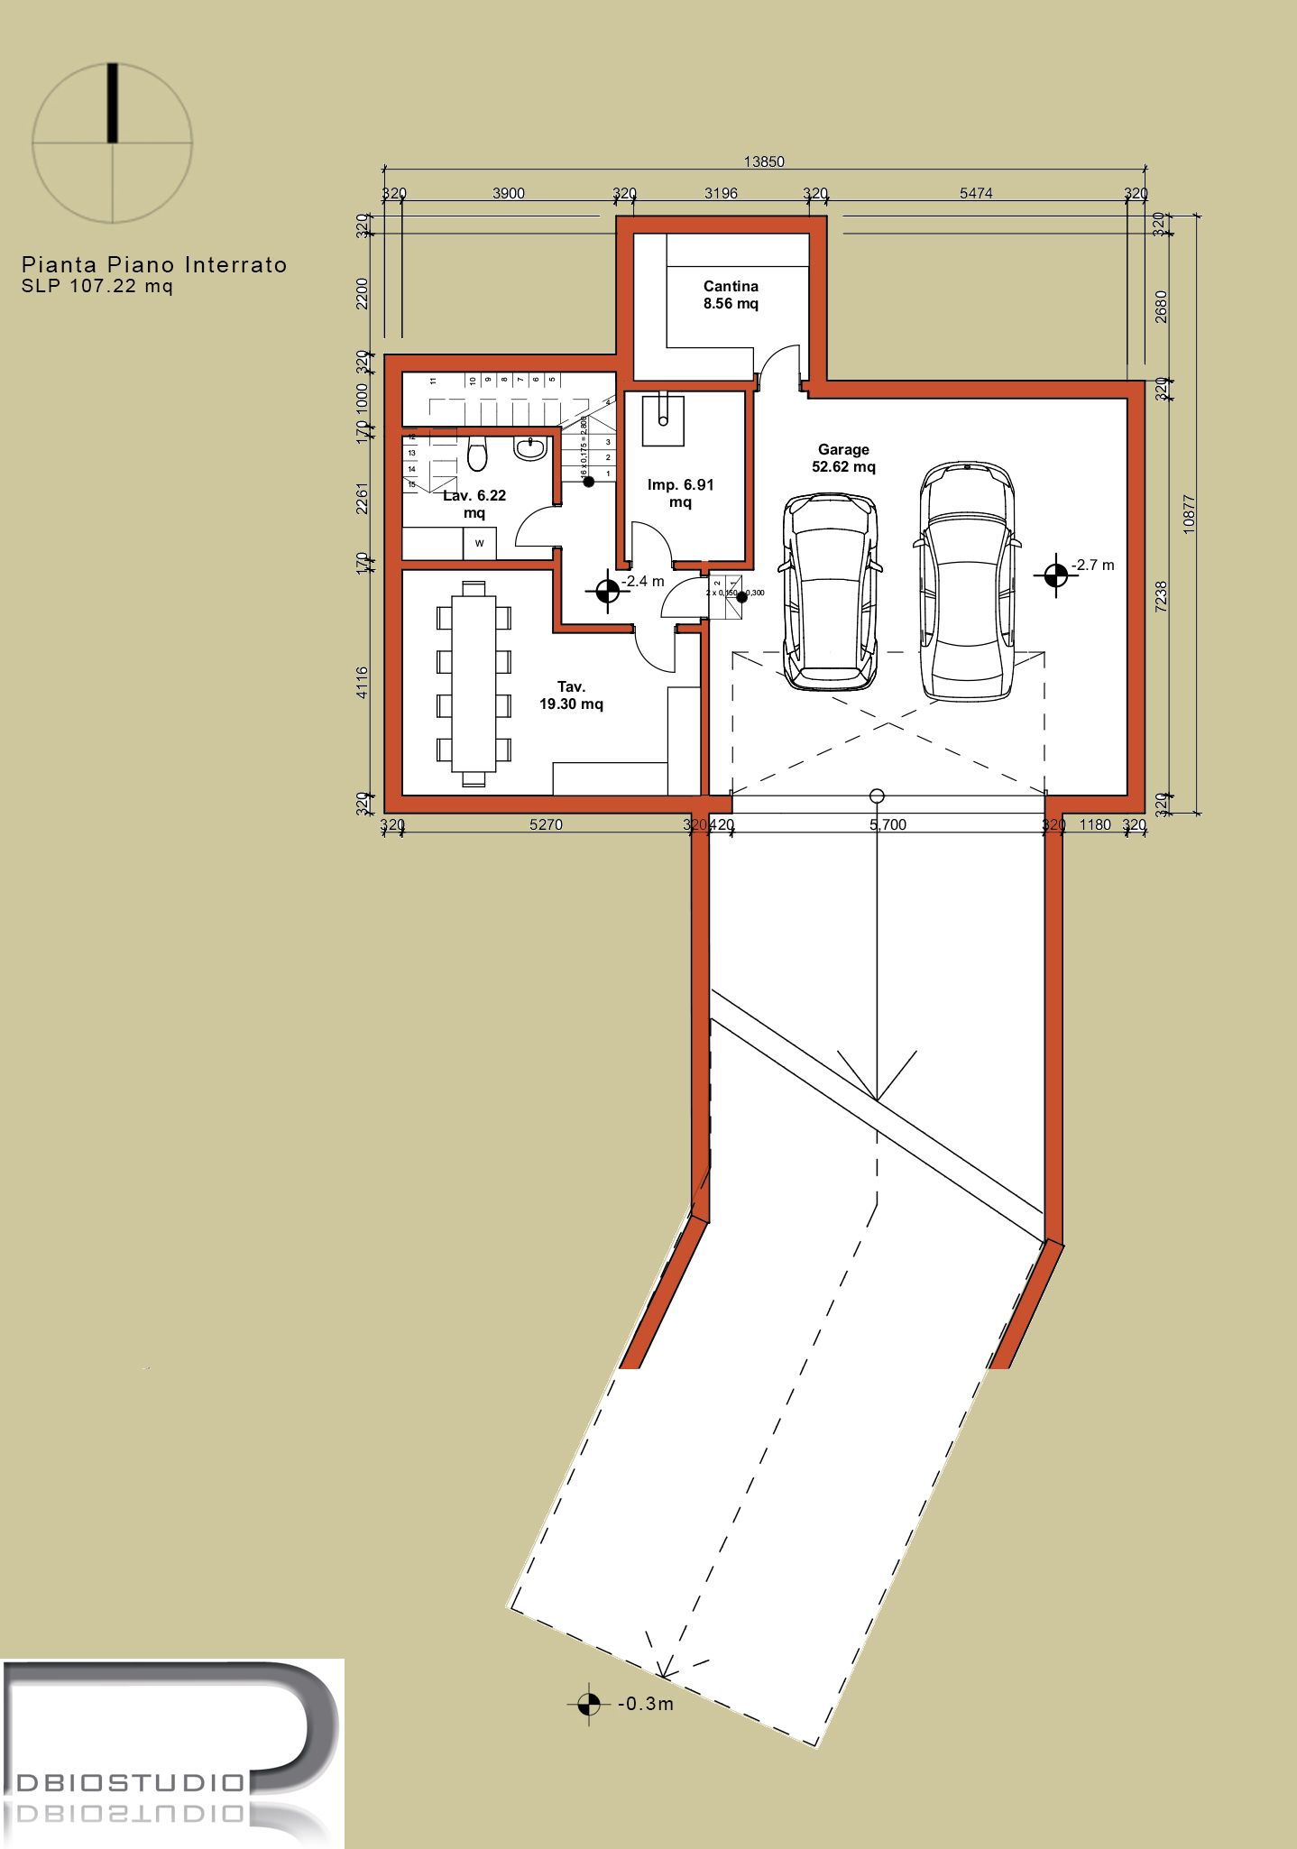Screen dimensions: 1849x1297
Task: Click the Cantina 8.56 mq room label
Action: coord(731,295)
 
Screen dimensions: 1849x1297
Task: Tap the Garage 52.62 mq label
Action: coord(843,458)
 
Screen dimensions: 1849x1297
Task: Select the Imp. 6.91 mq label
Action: coord(680,493)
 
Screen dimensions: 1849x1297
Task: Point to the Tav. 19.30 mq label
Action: coord(571,695)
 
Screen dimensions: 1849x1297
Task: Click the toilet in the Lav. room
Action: coord(478,454)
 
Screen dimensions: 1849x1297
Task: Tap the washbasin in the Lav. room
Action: coord(530,448)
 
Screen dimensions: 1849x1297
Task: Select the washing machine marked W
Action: coord(479,543)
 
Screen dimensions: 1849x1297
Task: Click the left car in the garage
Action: coord(830,591)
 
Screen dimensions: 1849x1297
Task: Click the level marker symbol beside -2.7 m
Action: coord(1055,574)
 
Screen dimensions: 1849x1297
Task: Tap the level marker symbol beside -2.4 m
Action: coord(607,592)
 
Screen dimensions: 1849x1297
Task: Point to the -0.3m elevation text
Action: coord(646,1704)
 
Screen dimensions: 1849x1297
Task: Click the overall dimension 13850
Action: coord(764,161)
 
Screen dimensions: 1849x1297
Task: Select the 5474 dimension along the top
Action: coord(976,193)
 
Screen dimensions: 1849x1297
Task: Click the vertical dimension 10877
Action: coord(1189,514)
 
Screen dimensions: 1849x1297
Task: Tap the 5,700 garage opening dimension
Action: coord(888,824)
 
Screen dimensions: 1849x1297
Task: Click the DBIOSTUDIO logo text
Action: coord(131,1783)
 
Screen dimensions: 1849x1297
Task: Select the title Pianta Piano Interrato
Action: coord(154,264)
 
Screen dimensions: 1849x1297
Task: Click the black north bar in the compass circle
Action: coord(113,103)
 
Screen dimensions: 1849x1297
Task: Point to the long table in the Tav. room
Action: coord(474,683)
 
